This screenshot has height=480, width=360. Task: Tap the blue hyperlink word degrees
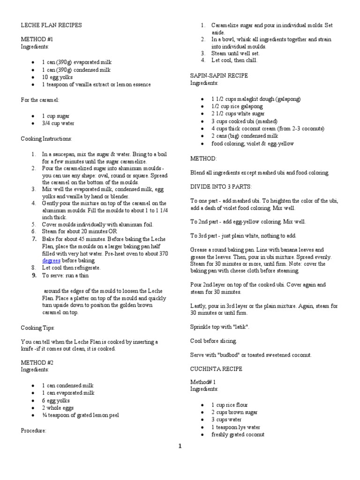coord(52,260)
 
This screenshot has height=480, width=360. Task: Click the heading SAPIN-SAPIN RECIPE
coord(219,75)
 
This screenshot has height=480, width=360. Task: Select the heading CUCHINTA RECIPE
coord(216,369)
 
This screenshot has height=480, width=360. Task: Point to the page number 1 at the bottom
coord(179,446)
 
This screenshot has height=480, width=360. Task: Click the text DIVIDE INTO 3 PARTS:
coord(221,186)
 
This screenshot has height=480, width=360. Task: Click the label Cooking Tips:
coord(38,328)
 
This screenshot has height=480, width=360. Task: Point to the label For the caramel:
coord(40,100)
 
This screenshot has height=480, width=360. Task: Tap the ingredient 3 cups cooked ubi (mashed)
coord(238,121)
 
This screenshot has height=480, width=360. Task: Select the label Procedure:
coord(34,430)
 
